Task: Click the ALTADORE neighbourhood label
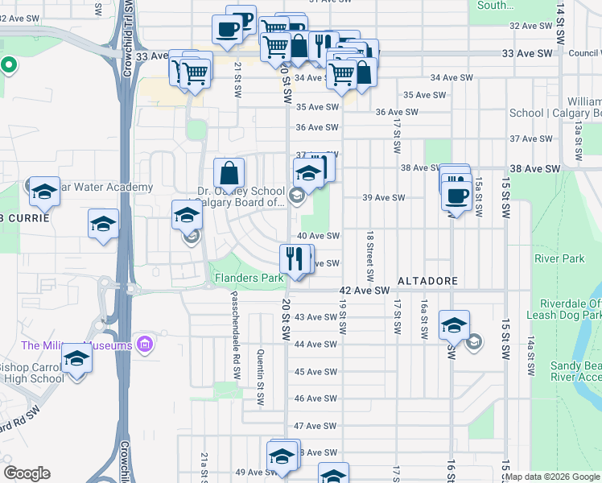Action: click(427, 281)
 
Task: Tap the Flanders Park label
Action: click(248, 279)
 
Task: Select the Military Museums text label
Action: click(76, 345)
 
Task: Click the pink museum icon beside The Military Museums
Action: click(145, 345)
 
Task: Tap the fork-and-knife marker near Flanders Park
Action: click(295, 258)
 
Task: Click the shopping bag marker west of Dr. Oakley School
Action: click(229, 171)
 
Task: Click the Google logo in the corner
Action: click(27, 473)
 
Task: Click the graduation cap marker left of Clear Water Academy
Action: click(44, 192)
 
